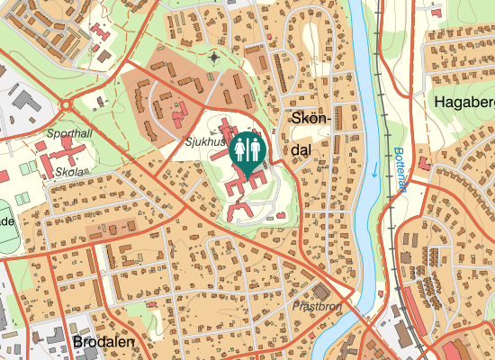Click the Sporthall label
point(70,132)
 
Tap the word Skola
point(69,170)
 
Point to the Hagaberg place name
point(463,102)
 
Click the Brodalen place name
point(103,343)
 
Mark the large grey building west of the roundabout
point(26,105)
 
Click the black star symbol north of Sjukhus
point(213,58)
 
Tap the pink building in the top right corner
point(436,13)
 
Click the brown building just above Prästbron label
point(320,292)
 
